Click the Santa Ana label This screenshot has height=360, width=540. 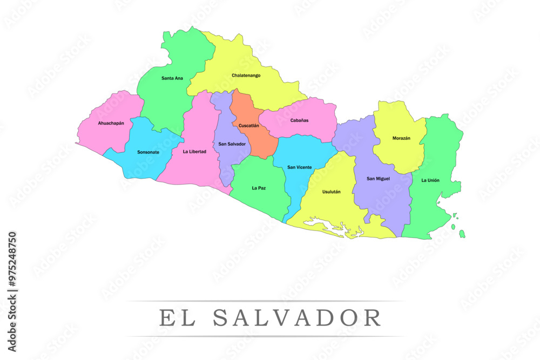(172, 78)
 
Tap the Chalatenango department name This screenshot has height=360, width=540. (246, 76)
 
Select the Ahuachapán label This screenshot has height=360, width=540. (111, 123)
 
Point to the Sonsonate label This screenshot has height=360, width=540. (148, 152)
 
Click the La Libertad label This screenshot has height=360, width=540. (194, 152)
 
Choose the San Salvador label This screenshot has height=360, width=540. (232, 144)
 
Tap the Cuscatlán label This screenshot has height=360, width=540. (249, 125)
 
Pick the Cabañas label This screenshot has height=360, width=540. (299, 120)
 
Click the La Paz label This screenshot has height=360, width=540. (259, 188)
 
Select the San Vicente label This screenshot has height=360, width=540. (299, 167)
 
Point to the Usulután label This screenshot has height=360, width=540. (331, 192)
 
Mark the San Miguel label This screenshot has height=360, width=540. (378, 179)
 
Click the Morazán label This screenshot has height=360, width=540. (401, 138)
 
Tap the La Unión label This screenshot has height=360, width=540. (430, 180)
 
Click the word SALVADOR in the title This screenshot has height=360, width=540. (297, 318)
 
